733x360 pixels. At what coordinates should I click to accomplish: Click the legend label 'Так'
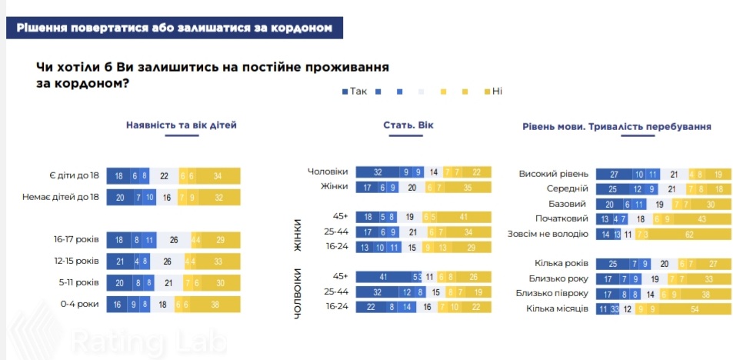coord(358,91)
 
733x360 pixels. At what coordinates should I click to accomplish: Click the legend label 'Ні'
coord(497,91)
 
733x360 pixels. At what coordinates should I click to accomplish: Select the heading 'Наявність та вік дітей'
coord(182,125)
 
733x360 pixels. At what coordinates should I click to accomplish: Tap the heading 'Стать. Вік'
coord(408,125)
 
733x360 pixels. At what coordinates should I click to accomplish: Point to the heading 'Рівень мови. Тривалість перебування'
coord(616,126)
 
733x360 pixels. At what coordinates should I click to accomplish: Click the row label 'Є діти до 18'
coord(75,176)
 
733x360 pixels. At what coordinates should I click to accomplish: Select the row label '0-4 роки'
coord(81,305)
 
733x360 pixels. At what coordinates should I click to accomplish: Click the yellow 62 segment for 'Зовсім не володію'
coord(691,233)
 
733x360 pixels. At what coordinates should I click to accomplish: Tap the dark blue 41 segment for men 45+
coord(382,276)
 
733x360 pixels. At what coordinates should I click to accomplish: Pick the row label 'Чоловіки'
coord(328,172)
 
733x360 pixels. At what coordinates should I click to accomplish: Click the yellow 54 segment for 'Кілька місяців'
coord(695,308)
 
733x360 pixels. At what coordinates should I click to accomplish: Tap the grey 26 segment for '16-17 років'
coord(174,241)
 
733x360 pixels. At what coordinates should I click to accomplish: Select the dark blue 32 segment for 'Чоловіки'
coord(378,172)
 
